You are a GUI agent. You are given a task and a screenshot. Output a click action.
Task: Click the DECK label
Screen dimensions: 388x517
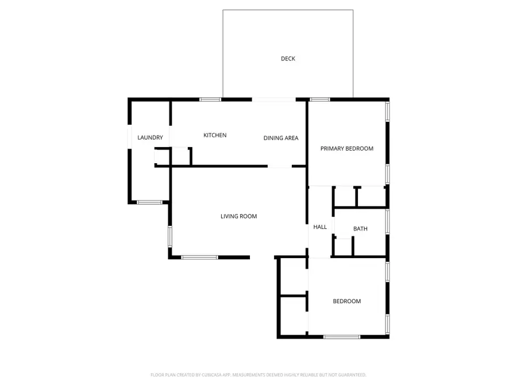pos(288,59)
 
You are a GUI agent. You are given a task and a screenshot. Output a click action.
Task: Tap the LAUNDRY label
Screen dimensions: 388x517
pos(151,138)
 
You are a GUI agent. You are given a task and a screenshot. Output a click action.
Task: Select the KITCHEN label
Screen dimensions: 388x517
pos(215,136)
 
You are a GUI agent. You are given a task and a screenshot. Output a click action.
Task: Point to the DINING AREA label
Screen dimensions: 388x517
pos(281,138)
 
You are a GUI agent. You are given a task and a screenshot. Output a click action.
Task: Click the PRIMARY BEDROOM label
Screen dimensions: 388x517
pos(347,149)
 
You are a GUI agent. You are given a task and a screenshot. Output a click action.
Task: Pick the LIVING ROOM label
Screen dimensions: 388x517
pos(238,217)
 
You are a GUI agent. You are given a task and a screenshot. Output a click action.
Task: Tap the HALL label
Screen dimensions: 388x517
pos(320,227)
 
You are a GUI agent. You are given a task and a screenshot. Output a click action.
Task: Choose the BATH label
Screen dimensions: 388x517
pos(360,229)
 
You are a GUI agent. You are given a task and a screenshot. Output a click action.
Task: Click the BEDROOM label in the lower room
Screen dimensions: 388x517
pos(347,301)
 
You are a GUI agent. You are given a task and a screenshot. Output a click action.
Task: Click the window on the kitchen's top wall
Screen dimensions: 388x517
pos(210,99)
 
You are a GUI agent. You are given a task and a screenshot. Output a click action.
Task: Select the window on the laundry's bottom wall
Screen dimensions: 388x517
pos(148,202)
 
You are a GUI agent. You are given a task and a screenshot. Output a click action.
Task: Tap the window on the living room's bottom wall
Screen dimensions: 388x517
pos(199,257)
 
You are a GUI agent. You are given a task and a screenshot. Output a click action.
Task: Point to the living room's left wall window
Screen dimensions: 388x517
pos(170,237)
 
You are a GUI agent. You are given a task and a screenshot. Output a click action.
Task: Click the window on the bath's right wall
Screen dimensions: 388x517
pos(388,222)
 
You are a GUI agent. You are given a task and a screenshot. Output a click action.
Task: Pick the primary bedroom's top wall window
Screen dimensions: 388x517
pos(320,99)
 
